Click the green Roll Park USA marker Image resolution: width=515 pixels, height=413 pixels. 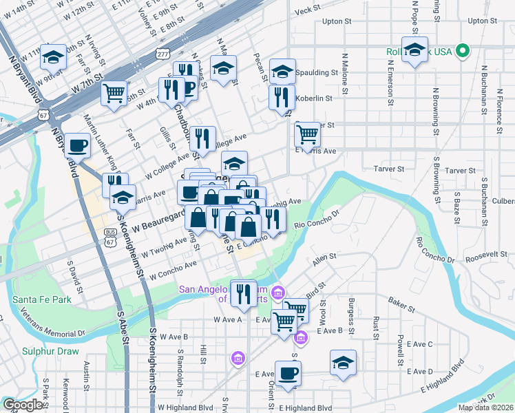463,50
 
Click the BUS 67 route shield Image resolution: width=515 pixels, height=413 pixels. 111,237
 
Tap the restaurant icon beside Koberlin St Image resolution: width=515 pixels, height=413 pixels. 282,97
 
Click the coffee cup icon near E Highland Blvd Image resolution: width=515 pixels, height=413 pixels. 288,373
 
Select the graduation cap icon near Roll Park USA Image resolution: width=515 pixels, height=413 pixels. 414,49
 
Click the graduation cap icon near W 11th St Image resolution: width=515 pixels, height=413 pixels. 52,57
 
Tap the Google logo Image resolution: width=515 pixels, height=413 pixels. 23,405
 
